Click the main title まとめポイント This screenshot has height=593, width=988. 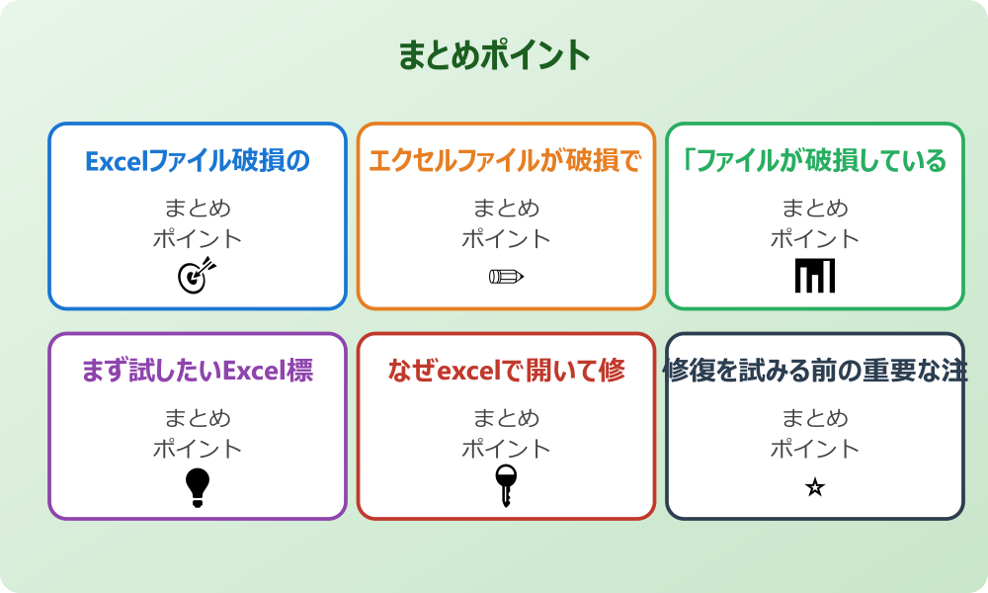coord(494,55)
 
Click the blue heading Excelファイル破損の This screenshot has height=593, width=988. coord(198,160)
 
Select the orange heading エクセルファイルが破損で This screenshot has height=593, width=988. coord(506,160)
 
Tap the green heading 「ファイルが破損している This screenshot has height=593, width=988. coord(815,160)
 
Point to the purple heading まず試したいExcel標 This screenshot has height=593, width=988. coord(198,371)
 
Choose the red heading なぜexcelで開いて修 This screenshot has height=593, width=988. coord(506,371)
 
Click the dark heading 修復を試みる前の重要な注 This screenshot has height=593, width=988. coord(815,371)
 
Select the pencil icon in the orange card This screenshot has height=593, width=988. coord(506,276)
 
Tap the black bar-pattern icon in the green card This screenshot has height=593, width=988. coord(815,276)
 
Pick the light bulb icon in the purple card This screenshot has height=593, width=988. coord(198,487)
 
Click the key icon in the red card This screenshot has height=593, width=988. coord(506,485)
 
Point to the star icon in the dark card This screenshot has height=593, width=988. coord(815,487)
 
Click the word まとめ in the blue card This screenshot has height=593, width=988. coord(198,209)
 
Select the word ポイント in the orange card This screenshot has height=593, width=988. coord(506,238)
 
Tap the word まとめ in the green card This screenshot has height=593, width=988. coord(815,209)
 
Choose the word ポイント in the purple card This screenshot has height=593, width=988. coord(198,449)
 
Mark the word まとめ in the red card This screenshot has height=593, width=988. coord(506,418)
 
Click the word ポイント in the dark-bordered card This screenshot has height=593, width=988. coord(815,449)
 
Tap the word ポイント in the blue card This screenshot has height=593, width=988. coord(198,238)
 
